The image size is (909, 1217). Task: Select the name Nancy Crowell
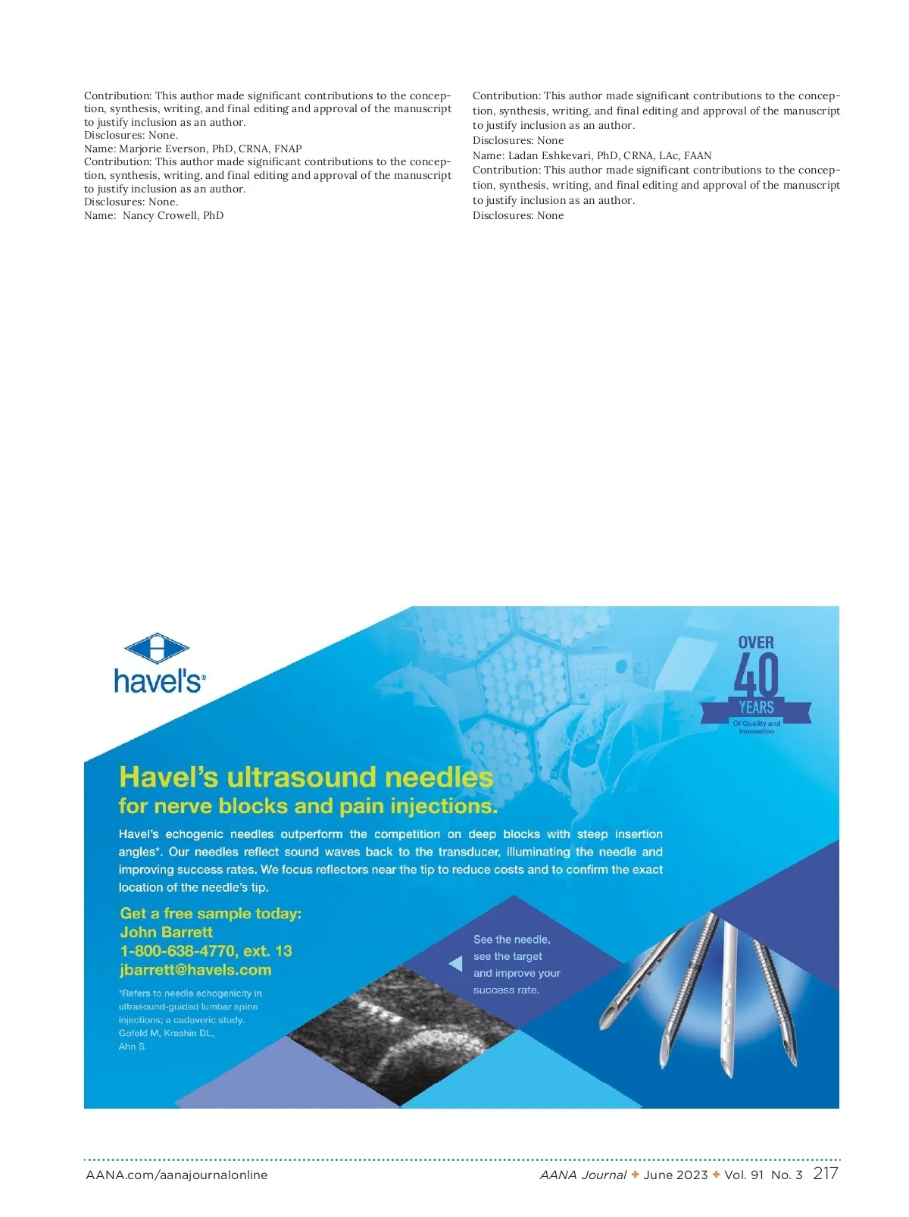pyautogui.click(x=161, y=215)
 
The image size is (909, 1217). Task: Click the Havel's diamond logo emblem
pyautogui.click(x=157, y=649)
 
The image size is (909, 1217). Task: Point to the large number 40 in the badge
pyautogui.click(x=756, y=675)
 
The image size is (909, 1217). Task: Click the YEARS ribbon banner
pyautogui.click(x=756, y=708)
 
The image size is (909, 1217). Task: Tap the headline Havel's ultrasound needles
pyautogui.click(x=306, y=777)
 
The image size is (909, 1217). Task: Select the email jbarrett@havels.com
pyautogui.click(x=195, y=970)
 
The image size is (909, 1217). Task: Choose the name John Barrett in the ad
pyautogui.click(x=166, y=932)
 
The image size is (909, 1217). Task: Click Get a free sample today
pyautogui.click(x=211, y=913)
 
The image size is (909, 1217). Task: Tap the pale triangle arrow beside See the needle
pyautogui.click(x=456, y=964)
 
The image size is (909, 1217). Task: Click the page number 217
pyautogui.click(x=825, y=1173)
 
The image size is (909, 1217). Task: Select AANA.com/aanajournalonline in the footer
pyautogui.click(x=176, y=1175)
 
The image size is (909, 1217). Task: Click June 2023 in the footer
pyautogui.click(x=676, y=1175)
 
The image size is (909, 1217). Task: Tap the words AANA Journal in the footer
pyautogui.click(x=583, y=1175)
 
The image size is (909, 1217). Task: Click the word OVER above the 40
pyautogui.click(x=756, y=643)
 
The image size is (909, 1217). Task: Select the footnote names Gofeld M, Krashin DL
pyautogui.click(x=167, y=1033)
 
